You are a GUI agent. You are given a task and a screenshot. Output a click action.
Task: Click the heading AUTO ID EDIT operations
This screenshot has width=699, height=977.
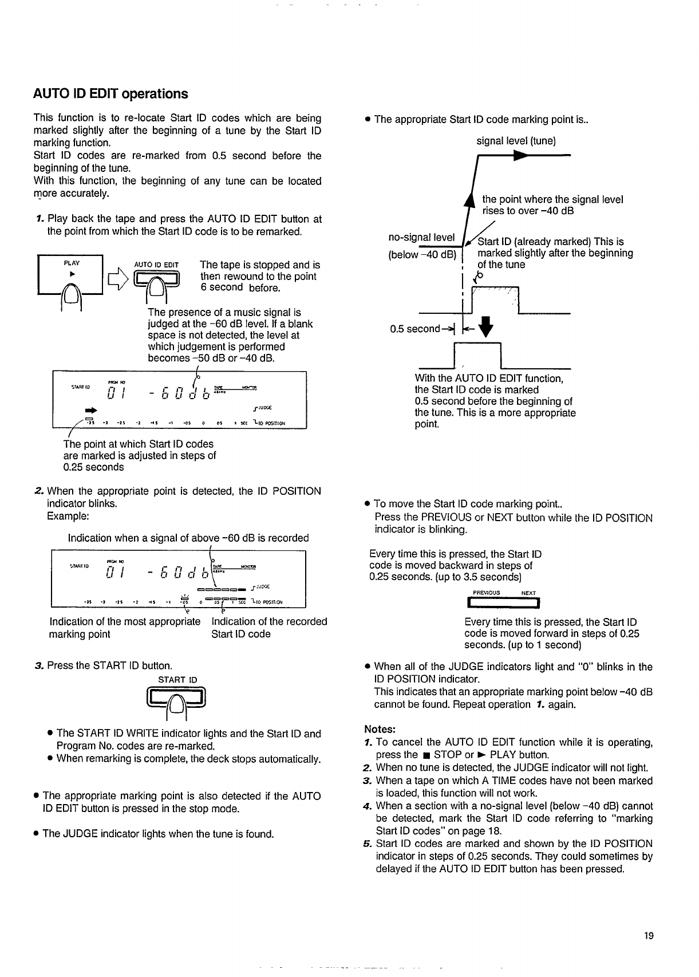coord(110,94)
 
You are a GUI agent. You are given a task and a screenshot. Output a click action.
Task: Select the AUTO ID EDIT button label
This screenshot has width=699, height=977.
coord(156,265)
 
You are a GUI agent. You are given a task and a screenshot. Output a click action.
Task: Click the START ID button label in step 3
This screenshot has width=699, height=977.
coord(177,680)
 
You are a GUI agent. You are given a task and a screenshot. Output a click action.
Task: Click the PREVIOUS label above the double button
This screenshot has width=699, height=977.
coord(487,593)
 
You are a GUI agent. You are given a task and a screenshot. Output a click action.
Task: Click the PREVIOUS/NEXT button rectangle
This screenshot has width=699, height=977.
coord(504,602)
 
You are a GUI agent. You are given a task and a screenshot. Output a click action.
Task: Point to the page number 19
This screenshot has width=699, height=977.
coord(648,936)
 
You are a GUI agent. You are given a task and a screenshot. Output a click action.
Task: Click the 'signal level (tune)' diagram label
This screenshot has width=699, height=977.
coord(516,141)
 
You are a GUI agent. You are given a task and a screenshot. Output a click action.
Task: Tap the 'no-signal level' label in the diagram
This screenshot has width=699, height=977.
coord(421,237)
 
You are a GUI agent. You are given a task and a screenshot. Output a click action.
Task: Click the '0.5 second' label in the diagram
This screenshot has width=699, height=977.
coord(414,329)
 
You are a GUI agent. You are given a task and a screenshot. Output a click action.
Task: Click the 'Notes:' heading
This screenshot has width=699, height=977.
coord(380,730)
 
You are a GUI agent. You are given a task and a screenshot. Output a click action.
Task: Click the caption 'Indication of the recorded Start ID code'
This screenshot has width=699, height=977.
coord(269,628)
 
